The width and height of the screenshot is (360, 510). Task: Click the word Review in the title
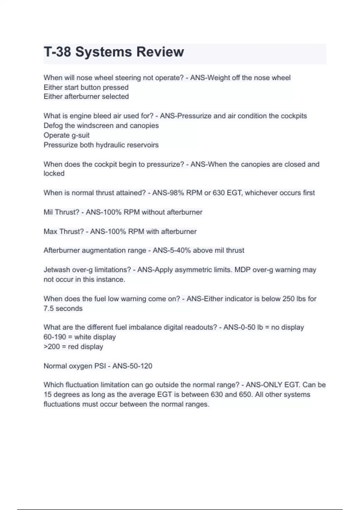[x=160, y=52]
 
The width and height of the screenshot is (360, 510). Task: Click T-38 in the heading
[x=58, y=52]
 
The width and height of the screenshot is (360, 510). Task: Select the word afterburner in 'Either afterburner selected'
[x=82, y=97]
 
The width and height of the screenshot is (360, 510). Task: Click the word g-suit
[x=80, y=135]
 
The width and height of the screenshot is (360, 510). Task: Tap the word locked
[x=54, y=174]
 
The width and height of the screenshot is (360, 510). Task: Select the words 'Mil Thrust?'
[x=61, y=212]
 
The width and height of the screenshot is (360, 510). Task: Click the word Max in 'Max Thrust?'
[x=51, y=232]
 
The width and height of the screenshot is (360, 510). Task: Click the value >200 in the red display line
[x=52, y=347]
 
